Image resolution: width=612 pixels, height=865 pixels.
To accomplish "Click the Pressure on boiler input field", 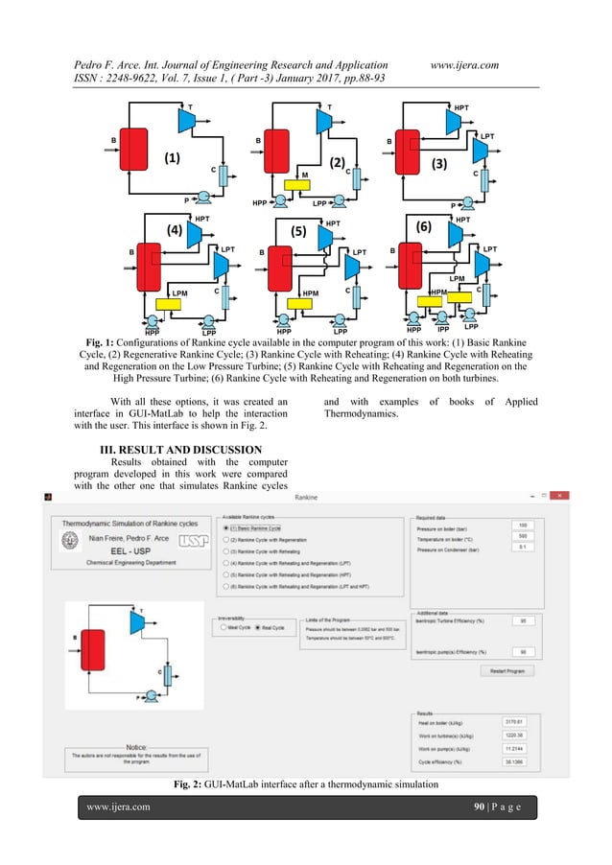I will tap(523, 526).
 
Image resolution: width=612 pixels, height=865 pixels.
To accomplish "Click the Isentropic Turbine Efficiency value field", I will tap(523, 620).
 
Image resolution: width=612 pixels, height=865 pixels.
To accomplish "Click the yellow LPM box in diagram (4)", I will tap(170, 303).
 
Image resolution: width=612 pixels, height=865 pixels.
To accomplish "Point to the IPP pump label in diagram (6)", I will tap(443, 329).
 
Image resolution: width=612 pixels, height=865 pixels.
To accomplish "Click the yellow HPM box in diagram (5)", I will tap(300, 304).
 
